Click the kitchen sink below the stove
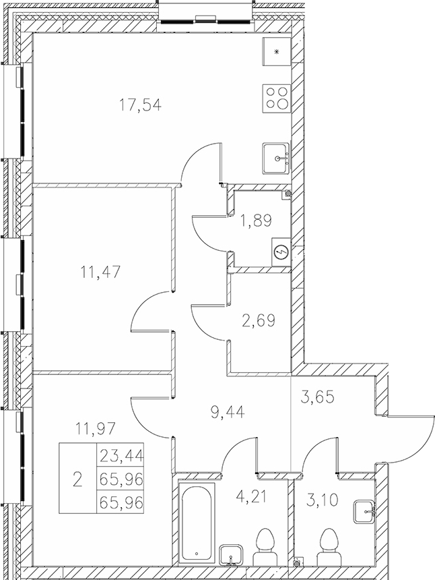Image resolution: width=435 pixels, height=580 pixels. pos(277,157)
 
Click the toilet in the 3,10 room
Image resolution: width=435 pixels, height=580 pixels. pos(329,546)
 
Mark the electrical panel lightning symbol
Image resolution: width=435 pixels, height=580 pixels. pos(281,252)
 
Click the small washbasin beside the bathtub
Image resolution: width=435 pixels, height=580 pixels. pos(231,554)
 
